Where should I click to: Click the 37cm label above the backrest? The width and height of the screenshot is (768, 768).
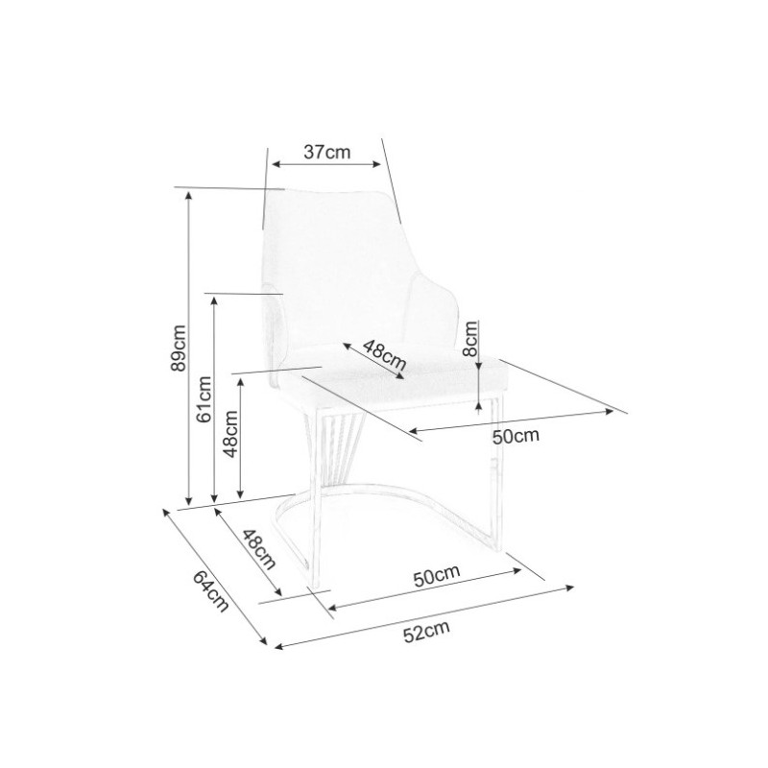pos(327,152)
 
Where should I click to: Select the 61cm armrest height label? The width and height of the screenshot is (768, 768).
pos(204,398)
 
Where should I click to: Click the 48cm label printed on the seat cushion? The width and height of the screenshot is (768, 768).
pos(385,355)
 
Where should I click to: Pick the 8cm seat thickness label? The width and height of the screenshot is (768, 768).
pos(470,339)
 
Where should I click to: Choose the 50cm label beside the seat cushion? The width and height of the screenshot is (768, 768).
pos(516,436)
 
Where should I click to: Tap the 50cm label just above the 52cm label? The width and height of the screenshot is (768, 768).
pos(437,577)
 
